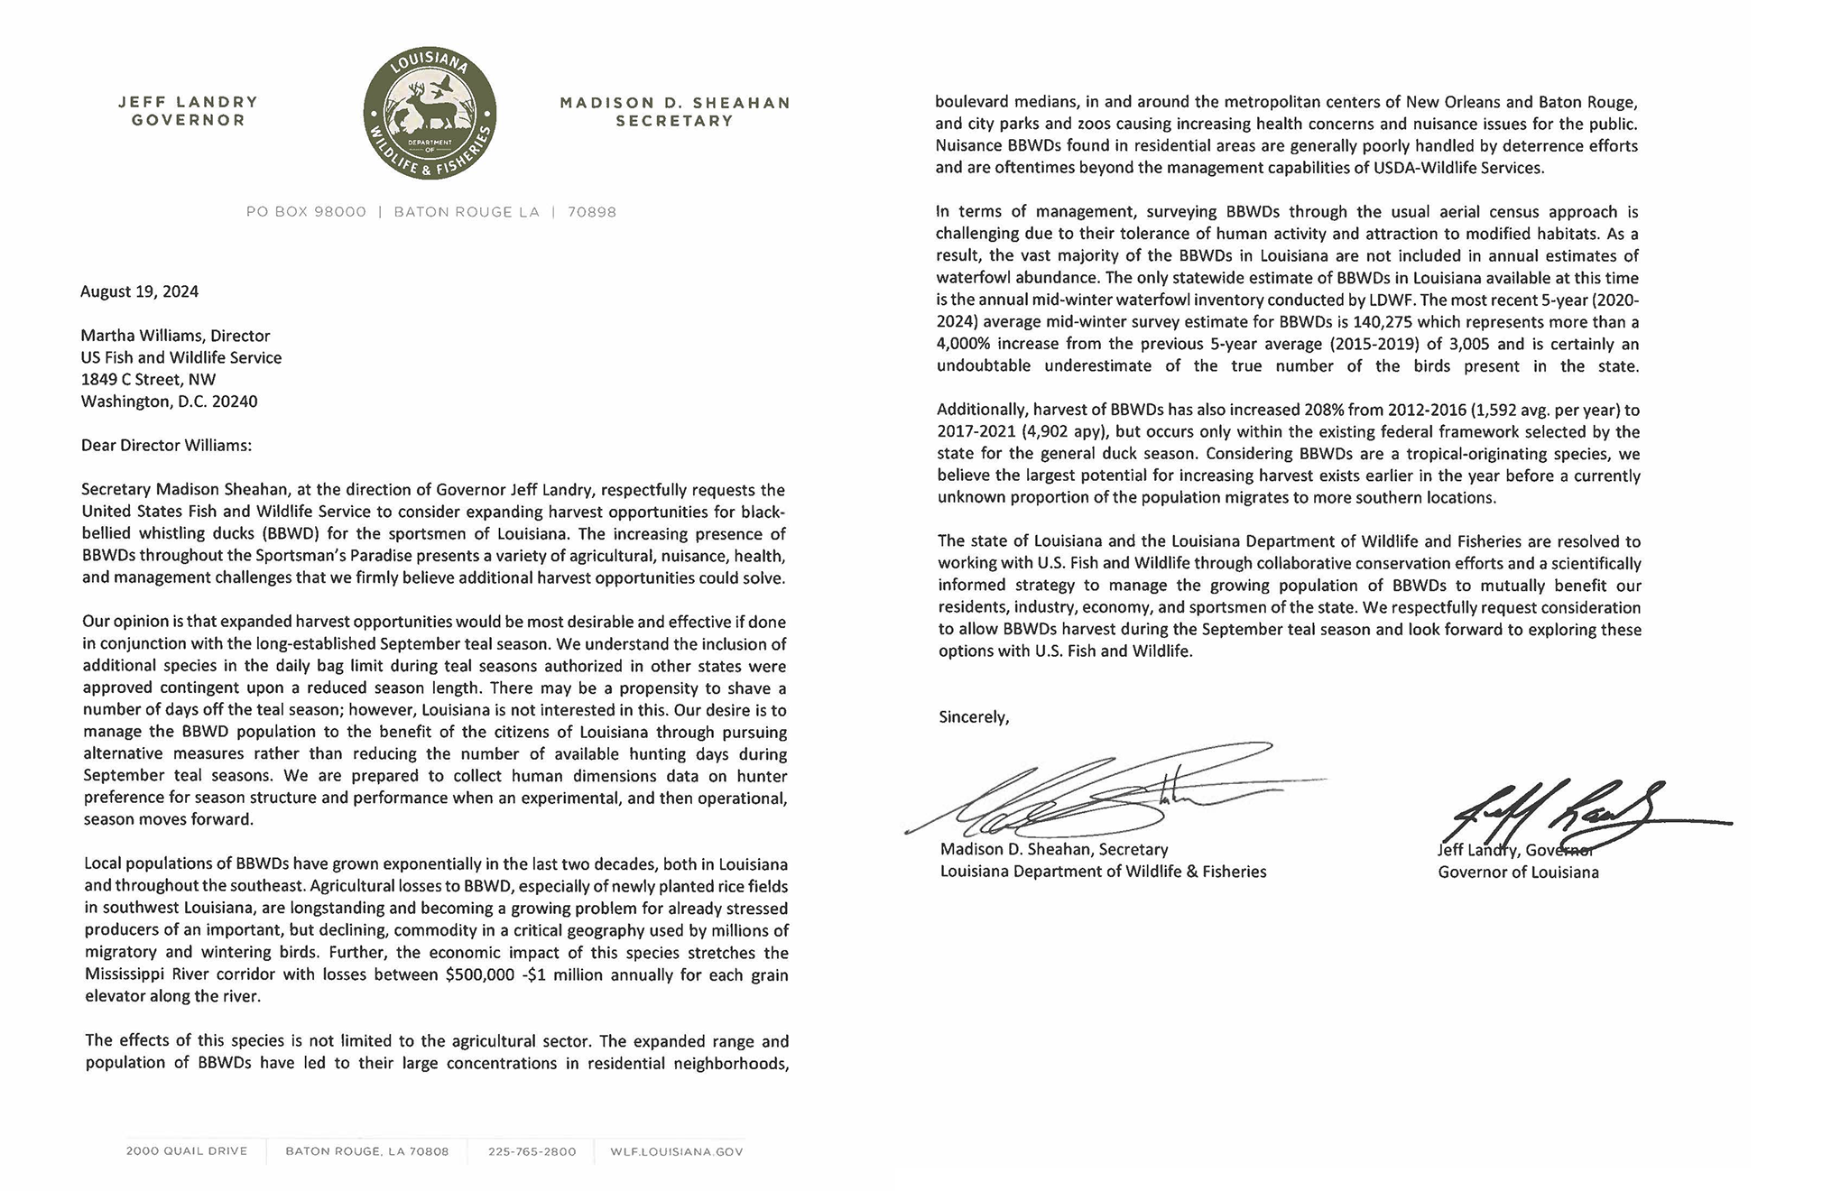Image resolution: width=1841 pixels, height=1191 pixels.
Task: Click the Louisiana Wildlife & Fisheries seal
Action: [430, 114]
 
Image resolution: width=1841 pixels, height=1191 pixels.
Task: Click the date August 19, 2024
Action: [139, 291]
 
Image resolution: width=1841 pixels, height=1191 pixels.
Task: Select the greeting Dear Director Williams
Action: [167, 445]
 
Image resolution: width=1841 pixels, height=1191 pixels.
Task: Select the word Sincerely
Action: [974, 717]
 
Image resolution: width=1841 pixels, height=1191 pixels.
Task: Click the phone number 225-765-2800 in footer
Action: [532, 1151]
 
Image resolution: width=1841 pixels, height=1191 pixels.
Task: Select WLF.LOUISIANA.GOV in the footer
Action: [676, 1151]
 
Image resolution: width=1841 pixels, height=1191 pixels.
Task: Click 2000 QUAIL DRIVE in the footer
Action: [187, 1151]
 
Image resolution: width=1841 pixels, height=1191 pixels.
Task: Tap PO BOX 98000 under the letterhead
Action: [306, 212]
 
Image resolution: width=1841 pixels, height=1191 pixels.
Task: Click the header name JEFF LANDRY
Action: [188, 102]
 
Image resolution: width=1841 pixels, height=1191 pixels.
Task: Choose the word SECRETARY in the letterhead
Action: [674, 121]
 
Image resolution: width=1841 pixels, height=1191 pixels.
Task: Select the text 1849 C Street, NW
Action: [149, 379]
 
